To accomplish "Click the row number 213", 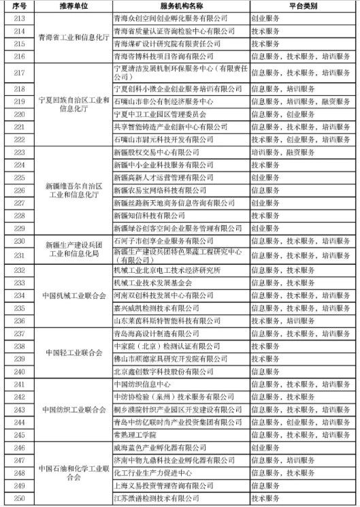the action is tap(19, 18).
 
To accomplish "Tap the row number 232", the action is tap(19, 270).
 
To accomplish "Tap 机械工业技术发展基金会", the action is tap(152, 282).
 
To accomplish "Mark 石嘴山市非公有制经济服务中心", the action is tap(164, 101).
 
